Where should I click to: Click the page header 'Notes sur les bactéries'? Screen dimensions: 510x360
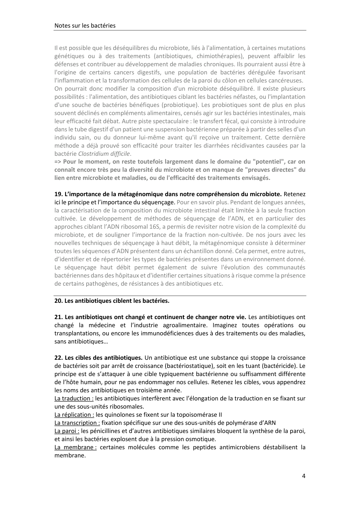pyautogui.click(x=85, y=26)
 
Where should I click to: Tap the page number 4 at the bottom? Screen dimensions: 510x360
pyautogui.click(x=304, y=476)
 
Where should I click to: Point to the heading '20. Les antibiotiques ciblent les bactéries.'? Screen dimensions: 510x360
pyautogui.click(x=112, y=301)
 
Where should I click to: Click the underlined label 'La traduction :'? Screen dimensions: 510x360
pyautogui.click(x=74, y=398)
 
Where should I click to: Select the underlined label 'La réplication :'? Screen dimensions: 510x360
pyautogui.click(x=74, y=415)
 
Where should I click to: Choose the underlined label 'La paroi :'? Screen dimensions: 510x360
pyautogui.click(x=67, y=431)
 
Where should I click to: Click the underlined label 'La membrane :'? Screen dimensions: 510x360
pyautogui.click(x=75, y=447)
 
